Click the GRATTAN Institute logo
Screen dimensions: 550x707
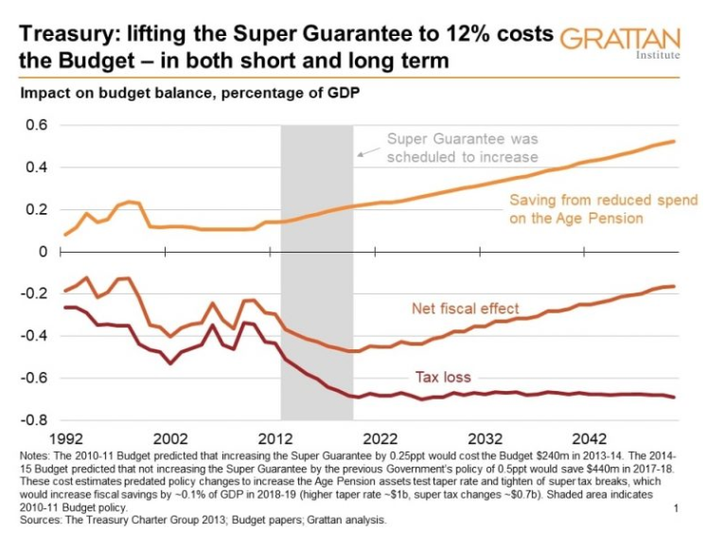tap(620, 43)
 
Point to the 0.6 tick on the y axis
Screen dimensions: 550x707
tap(36, 125)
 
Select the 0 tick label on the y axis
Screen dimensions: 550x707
tap(43, 252)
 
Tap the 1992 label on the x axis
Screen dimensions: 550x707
tap(66, 439)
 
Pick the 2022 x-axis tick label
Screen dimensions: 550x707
tap(380, 439)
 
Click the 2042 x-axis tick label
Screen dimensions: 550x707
tap(589, 439)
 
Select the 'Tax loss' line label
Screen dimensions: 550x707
tap(442, 378)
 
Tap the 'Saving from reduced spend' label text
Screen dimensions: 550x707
tap(603, 201)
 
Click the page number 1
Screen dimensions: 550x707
tap(677, 509)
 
